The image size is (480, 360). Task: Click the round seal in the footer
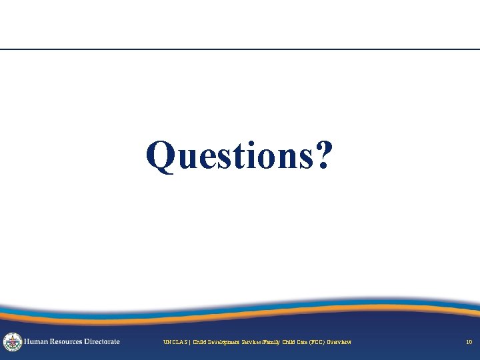point(13,342)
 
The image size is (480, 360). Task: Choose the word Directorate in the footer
point(103,341)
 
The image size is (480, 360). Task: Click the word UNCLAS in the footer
point(175,343)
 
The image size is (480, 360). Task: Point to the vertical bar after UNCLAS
point(189,343)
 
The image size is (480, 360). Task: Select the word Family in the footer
point(283,343)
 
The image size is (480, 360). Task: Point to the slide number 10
point(469,343)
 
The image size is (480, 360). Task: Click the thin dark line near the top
point(240,49)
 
